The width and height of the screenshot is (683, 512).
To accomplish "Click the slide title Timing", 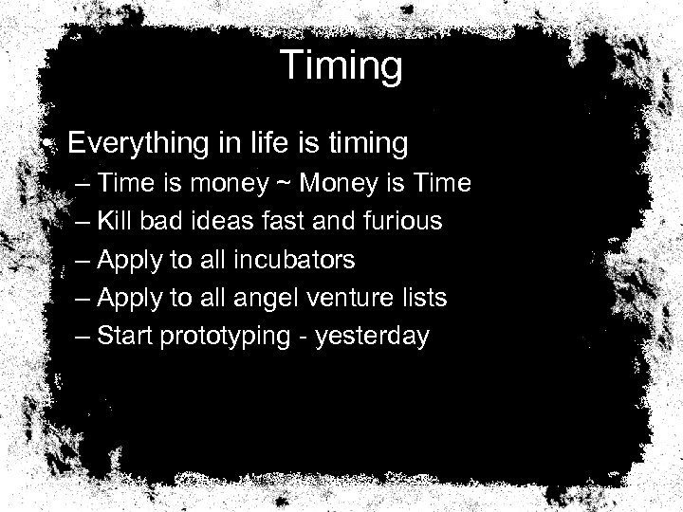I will (x=341, y=66).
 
